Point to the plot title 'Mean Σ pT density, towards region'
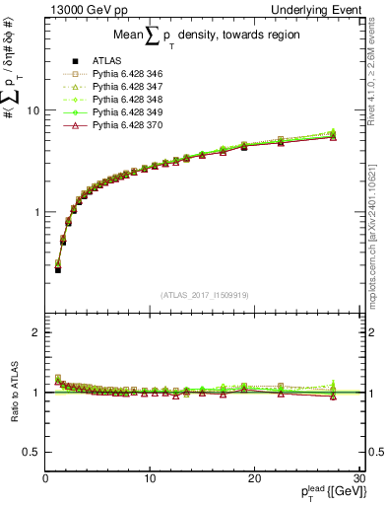click(203, 40)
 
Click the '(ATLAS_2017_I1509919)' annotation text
click(203, 294)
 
